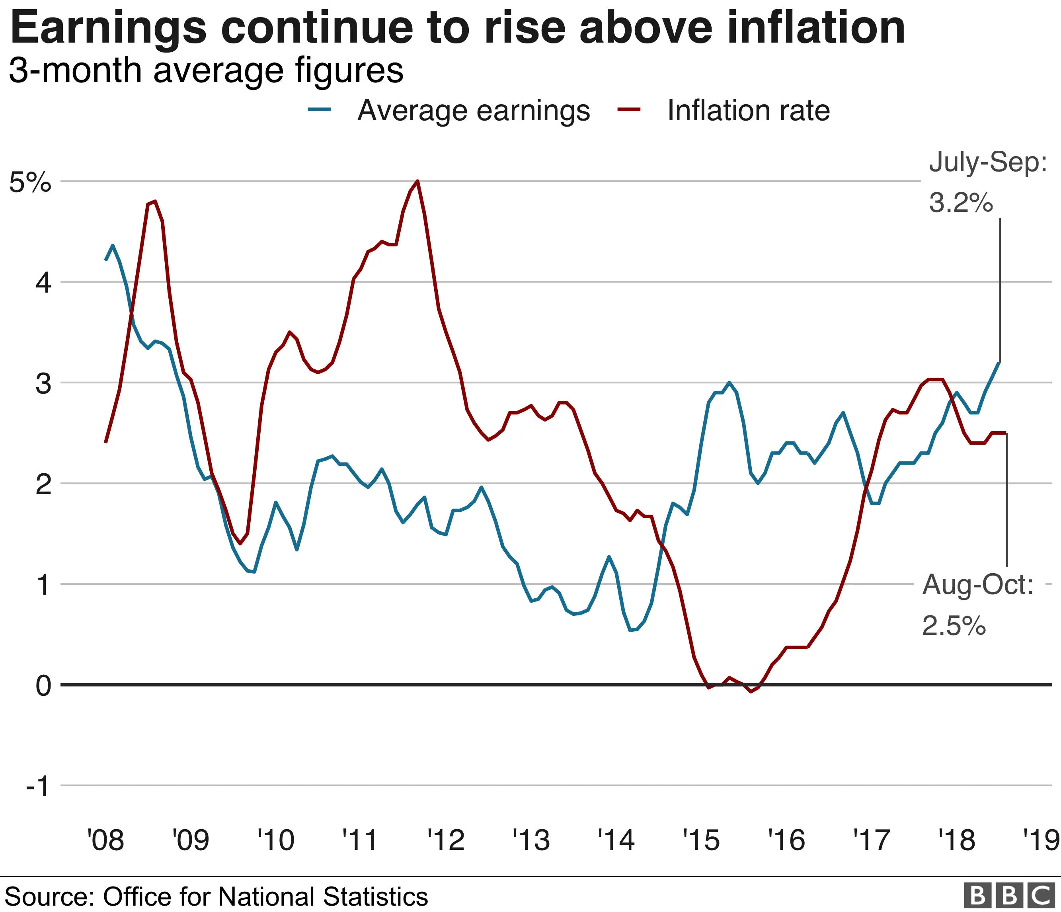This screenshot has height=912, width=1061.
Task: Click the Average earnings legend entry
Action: pyautogui.click(x=473, y=110)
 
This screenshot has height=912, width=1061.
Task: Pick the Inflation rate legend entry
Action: pyautogui.click(x=748, y=110)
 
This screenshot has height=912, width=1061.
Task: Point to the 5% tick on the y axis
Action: pyautogui.click(x=30, y=182)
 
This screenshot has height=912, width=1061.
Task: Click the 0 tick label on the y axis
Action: pyautogui.click(x=43, y=685)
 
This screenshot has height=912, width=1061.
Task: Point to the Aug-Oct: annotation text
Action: pyautogui.click(x=977, y=584)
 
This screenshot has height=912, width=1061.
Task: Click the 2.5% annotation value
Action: pyautogui.click(x=954, y=626)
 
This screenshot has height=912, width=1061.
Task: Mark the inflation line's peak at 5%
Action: pyautogui.click(x=418, y=181)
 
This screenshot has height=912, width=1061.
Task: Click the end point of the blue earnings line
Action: pyautogui.click(x=999, y=363)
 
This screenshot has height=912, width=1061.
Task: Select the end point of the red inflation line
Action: pyautogui.click(x=1006, y=433)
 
